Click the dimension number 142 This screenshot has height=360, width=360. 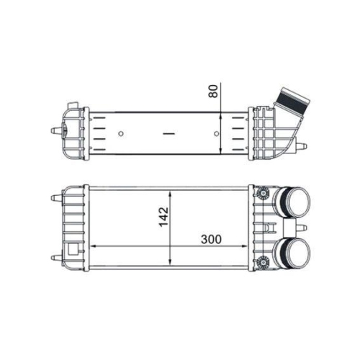[x=163, y=215]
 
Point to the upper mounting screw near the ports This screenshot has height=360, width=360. [x=263, y=193]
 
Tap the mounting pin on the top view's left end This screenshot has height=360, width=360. [x=55, y=131]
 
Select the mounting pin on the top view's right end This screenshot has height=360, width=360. [x=302, y=147]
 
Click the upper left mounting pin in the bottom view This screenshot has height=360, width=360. [x=57, y=197]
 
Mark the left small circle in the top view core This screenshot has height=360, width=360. [x=120, y=133]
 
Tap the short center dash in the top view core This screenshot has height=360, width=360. [x=170, y=133]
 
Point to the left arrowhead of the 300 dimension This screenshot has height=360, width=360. [x=91, y=247]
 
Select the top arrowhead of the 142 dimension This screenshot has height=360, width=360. [x=170, y=192]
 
